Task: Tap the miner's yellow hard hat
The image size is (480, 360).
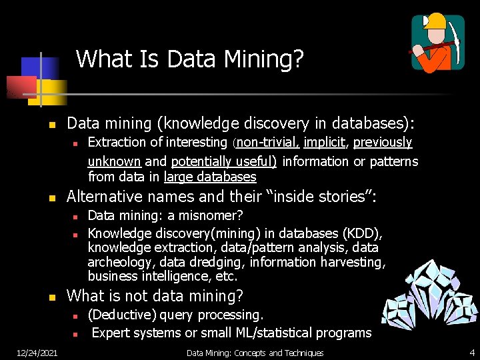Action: (435, 21)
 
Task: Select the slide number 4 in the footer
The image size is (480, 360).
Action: (471, 353)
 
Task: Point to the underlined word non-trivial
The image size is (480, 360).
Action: (268, 142)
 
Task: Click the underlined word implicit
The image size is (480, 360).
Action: (326, 142)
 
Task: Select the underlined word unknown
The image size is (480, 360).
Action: (114, 161)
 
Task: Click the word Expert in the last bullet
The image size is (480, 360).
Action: (111, 333)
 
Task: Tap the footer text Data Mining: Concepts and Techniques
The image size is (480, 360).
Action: (255, 353)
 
